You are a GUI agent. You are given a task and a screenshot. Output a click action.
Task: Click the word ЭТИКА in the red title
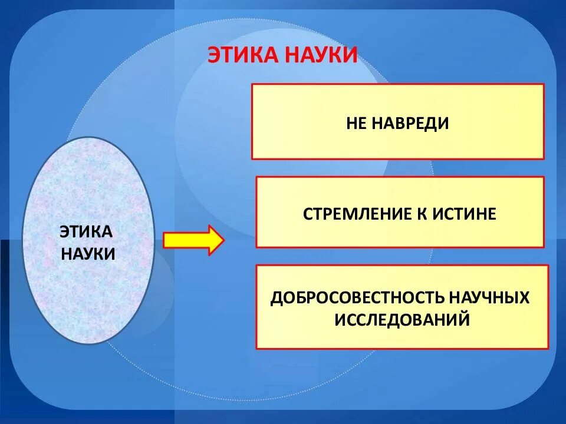click(243, 55)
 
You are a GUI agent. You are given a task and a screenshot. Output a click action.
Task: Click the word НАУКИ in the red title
click(321, 55)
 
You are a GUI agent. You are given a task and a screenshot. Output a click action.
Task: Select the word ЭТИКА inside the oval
click(86, 231)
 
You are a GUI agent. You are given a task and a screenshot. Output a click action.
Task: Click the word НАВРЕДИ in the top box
click(411, 123)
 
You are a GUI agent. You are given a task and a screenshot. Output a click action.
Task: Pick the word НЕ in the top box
click(358, 123)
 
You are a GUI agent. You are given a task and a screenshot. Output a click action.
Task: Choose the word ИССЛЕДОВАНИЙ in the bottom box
click(403, 320)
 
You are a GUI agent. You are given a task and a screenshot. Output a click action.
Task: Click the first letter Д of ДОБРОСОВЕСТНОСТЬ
click(277, 298)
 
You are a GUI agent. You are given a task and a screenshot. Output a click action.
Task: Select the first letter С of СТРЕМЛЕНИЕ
click(308, 213)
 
